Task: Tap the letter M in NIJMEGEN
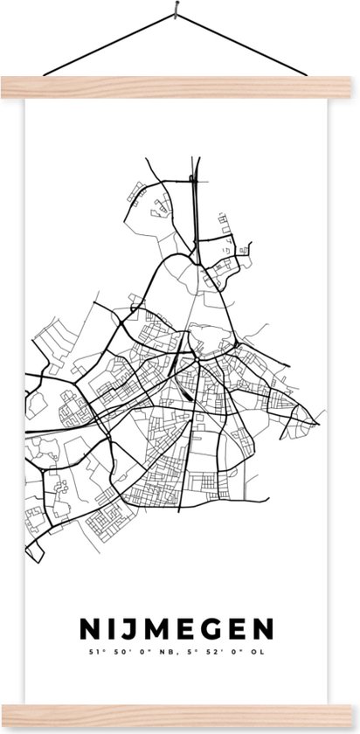tap(151, 604)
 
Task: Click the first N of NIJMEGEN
tap(87, 604)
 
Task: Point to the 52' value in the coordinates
tap(216, 627)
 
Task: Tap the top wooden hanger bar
tap(179, 85)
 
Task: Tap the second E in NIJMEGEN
tap(235, 604)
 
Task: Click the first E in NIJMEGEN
tap(181, 604)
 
